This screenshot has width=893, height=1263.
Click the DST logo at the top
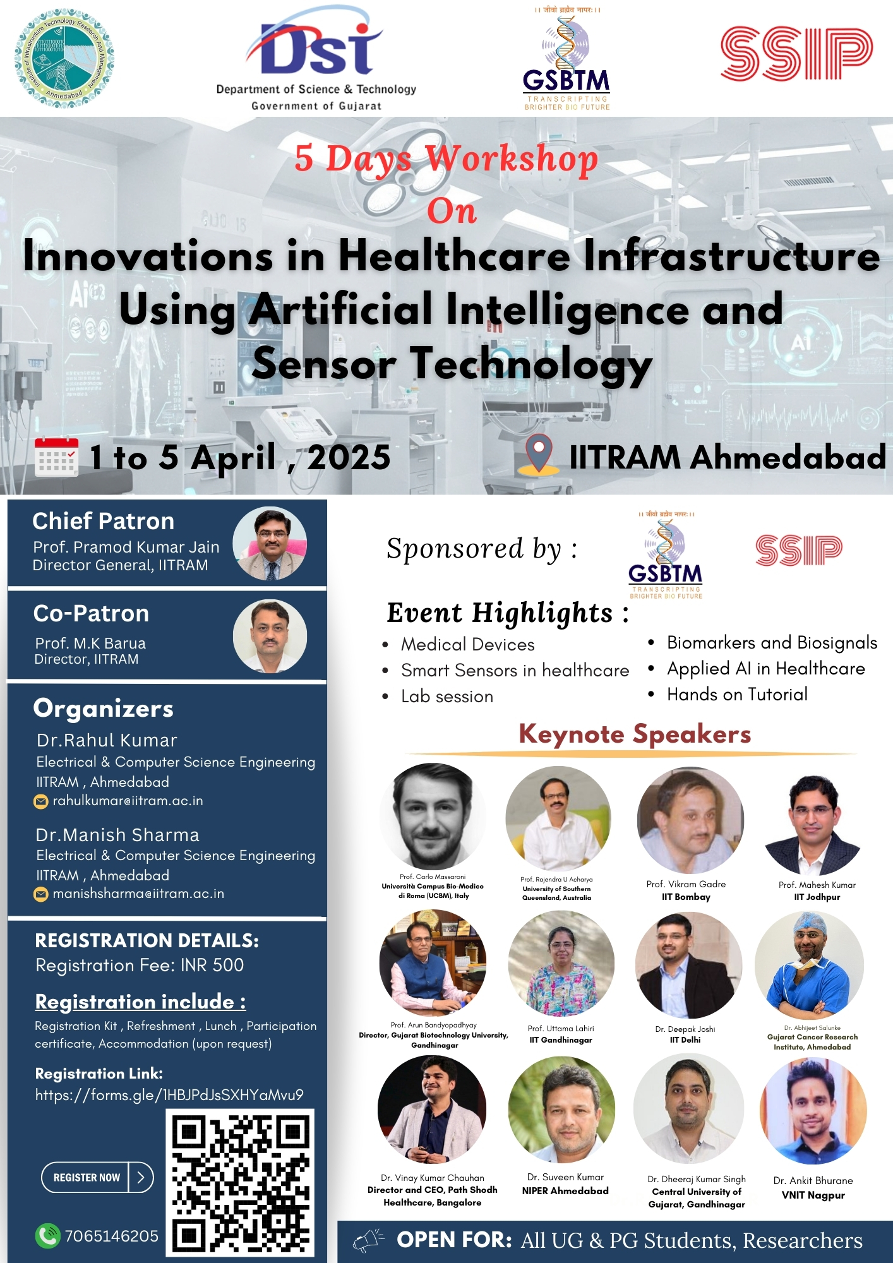click(316, 59)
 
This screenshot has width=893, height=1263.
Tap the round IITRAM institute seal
click(64, 59)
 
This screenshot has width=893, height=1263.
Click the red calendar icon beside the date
click(57, 457)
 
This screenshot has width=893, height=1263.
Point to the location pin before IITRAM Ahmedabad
click(539, 454)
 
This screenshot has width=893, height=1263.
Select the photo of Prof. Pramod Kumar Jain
click(270, 544)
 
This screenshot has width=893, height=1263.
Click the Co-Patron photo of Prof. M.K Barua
click(270, 636)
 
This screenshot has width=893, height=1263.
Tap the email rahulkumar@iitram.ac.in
click(128, 801)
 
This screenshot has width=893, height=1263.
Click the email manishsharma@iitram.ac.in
click(138, 894)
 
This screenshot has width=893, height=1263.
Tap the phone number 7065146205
click(111, 1236)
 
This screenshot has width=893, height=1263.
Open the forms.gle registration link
click(169, 1094)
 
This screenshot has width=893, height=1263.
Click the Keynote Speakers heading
click(635, 734)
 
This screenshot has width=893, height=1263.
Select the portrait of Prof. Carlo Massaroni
click(433, 817)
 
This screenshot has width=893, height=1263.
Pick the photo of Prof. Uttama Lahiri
click(561, 964)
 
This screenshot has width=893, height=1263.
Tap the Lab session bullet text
click(447, 697)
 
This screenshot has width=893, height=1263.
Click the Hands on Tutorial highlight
click(737, 695)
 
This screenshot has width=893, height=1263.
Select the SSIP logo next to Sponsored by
click(799, 550)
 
